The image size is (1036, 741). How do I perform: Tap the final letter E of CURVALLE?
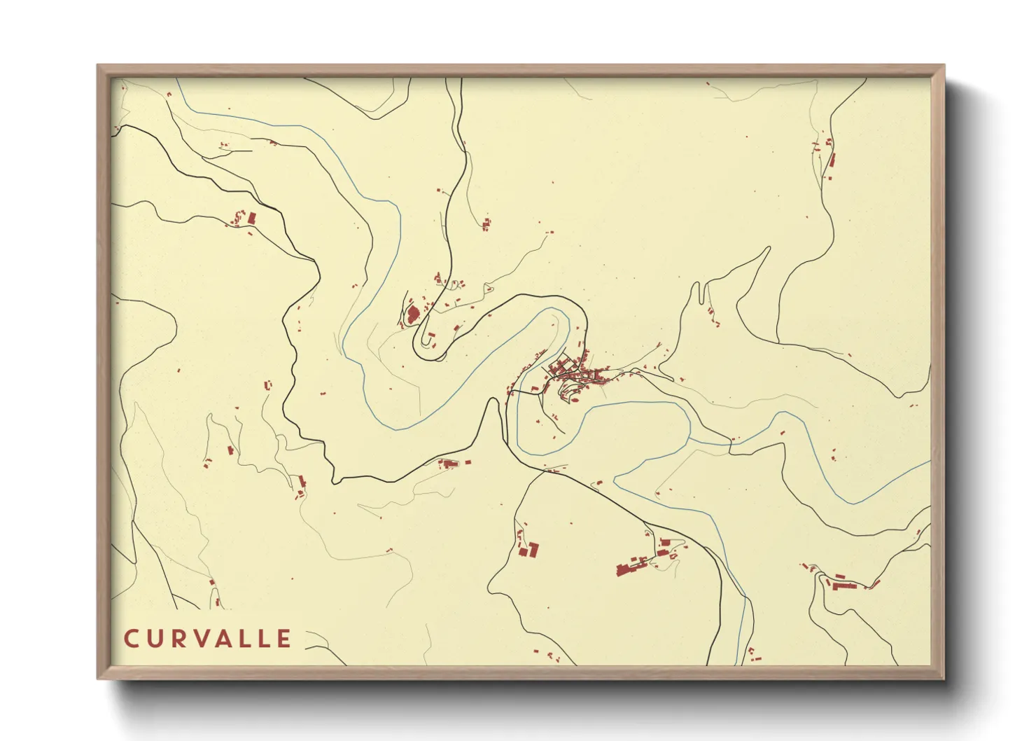(x=283, y=639)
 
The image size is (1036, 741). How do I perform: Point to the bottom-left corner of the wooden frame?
(x=99, y=677)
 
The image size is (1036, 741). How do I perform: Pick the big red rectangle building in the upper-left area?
(x=251, y=219)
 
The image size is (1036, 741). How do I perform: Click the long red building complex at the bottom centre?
(x=633, y=566)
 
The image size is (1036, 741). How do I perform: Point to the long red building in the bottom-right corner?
(x=843, y=583)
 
